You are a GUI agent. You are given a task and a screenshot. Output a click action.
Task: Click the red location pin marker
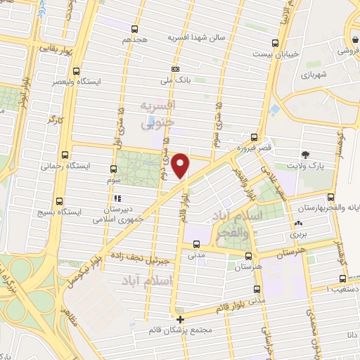pos(181,166)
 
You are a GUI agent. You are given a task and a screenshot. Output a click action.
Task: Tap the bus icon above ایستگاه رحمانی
pos(65,155)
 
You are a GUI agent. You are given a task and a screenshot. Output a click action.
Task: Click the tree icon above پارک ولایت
pos(305,155)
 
